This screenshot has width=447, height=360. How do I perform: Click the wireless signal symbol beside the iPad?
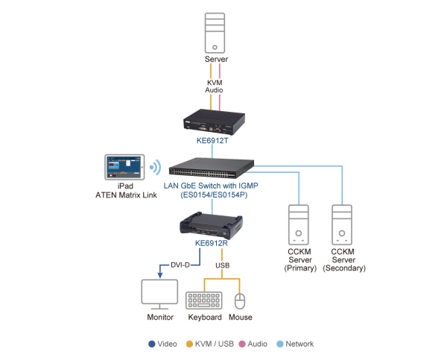click(x=156, y=167)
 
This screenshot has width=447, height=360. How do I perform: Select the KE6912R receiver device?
click(x=212, y=224)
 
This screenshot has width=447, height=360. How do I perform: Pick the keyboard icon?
click(x=203, y=300)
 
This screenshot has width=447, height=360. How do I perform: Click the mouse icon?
click(x=240, y=300)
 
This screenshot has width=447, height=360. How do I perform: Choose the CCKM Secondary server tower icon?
click(x=343, y=227)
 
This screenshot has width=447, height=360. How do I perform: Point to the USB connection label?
click(x=222, y=265)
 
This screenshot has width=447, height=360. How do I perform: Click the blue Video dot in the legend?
click(x=152, y=344)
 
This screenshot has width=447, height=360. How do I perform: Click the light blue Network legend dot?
click(x=279, y=344)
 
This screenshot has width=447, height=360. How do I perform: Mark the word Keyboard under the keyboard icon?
click(x=203, y=318)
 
